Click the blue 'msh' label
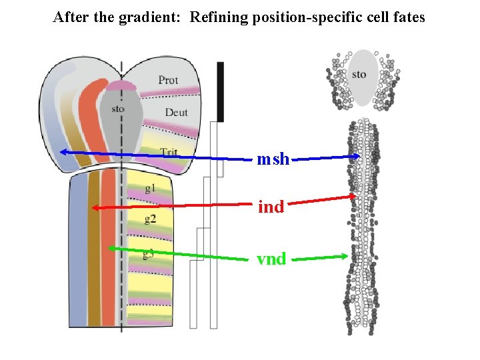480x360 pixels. (273, 159)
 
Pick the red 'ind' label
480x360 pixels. (271, 207)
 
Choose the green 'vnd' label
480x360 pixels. (271, 259)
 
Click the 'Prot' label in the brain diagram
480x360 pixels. (168, 81)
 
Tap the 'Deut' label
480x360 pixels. (176, 113)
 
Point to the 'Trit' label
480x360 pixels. (168, 153)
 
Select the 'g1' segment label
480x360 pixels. (150, 189)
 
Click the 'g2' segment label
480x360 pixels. (150, 219)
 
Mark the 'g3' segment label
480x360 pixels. (148, 253)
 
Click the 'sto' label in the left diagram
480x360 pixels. (118, 109)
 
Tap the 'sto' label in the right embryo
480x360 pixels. (359, 74)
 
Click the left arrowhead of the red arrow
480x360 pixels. (95, 208)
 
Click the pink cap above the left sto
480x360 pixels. (121, 85)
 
